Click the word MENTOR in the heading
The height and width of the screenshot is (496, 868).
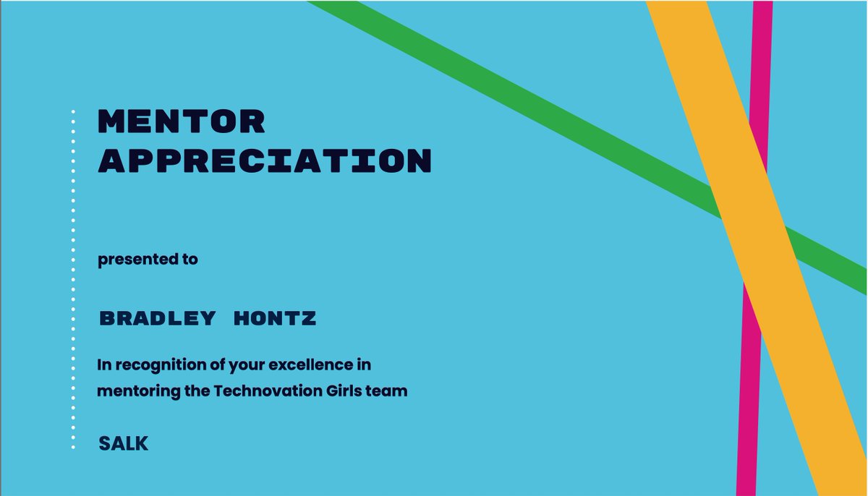(182, 122)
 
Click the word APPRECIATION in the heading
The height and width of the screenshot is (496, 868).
(264, 161)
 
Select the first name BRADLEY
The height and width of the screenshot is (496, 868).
(157, 318)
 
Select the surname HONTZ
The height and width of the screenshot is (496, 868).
(275, 318)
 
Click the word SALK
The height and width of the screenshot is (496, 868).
(124, 443)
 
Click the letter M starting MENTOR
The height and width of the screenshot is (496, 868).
(113, 122)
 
